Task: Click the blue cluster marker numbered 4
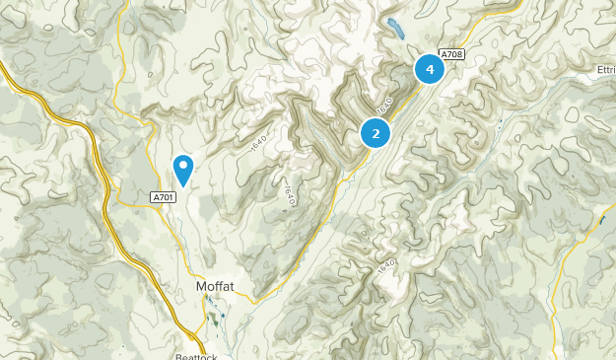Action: click(x=430, y=69)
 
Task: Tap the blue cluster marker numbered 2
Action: click(x=376, y=132)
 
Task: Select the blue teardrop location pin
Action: click(x=183, y=170)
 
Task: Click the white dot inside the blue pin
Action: click(x=183, y=166)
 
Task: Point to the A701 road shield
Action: click(x=165, y=198)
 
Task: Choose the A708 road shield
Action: click(x=451, y=53)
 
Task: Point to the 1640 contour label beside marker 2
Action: click(x=383, y=104)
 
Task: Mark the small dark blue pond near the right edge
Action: click(x=601, y=220)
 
